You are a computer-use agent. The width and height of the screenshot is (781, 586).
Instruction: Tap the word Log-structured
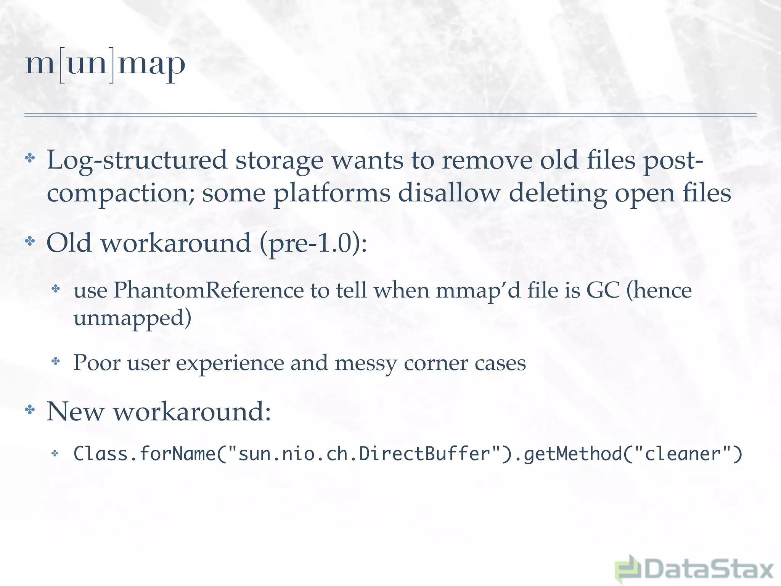pyautogui.click(x=137, y=160)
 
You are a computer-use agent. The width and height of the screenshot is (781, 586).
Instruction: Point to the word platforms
pyautogui.click(x=332, y=193)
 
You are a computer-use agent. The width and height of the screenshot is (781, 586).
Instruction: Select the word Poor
pyautogui.click(x=97, y=362)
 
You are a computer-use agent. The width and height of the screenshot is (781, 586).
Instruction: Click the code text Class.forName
pyautogui.click(x=145, y=454)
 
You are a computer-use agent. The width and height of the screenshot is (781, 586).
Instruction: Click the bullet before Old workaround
pyautogui.click(x=30, y=241)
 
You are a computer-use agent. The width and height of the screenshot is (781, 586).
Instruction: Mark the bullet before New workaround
pyautogui.click(x=30, y=410)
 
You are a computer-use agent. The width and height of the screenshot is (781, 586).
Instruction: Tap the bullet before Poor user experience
pyautogui.click(x=56, y=361)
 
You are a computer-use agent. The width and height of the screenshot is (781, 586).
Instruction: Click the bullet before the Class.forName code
pyautogui.click(x=55, y=453)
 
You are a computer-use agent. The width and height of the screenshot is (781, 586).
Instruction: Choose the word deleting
pyautogui.click(x=558, y=193)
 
